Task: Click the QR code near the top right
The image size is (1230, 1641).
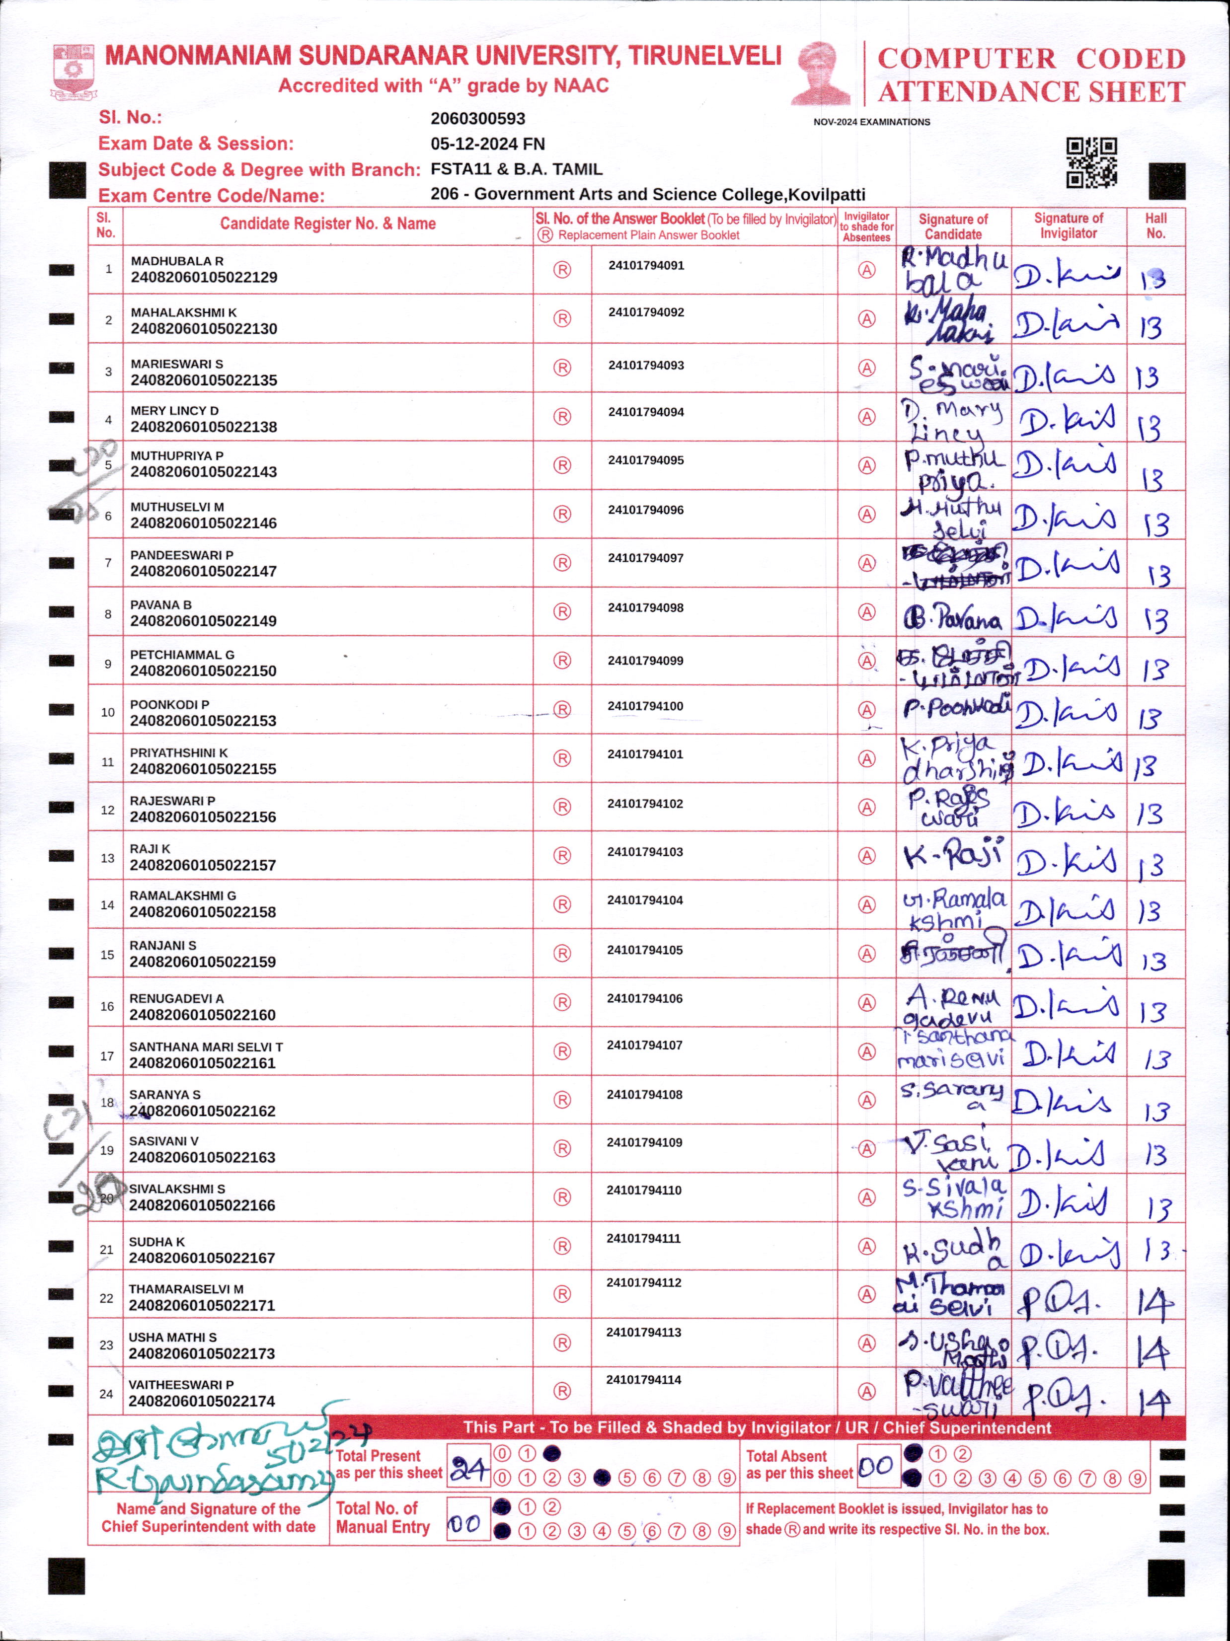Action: coord(1091,162)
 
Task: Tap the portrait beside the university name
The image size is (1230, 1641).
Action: coord(822,73)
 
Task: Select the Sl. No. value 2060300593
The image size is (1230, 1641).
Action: coord(478,119)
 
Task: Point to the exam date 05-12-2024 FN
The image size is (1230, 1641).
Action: coord(487,144)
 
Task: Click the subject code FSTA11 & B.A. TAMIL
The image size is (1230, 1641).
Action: coord(516,169)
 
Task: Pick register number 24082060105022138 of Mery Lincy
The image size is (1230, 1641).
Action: coord(204,427)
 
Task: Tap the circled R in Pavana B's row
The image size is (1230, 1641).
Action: coord(562,612)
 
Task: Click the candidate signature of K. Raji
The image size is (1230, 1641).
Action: coord(953,856)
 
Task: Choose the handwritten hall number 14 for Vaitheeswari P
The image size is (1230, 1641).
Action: coord(1154,1401)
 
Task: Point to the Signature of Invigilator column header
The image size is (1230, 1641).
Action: coord(1068,225)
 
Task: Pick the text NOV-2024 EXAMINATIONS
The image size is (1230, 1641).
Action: coord(872,122)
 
